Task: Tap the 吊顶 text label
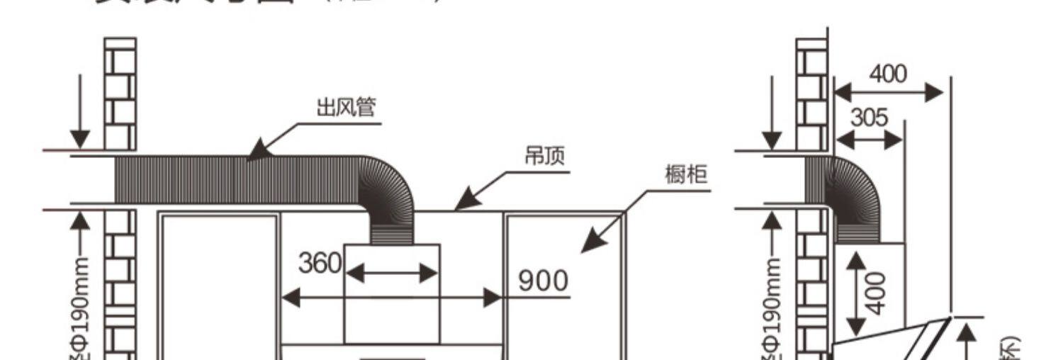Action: (x=544, y=157)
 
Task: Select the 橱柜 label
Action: (x=686, y=174)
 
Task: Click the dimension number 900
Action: (x=544, y=281)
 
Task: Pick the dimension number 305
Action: (x=869, y=118)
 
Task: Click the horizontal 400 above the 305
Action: (x=887, y=74)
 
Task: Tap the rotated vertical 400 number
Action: (x=878, y=293)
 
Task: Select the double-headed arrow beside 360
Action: (x=392, y=274)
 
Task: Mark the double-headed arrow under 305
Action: (x=869, y=140)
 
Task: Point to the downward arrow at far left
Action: (x=80, y=113)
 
